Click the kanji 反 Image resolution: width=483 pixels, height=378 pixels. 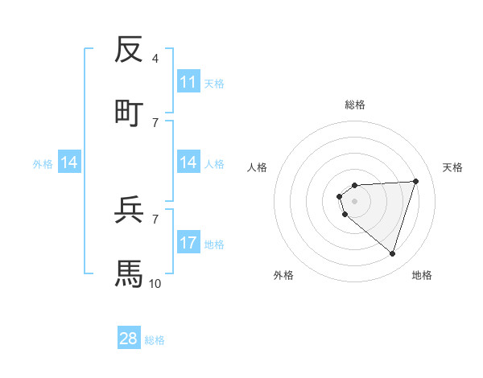coord(129,50)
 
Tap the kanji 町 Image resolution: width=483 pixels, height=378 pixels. coord(129,113)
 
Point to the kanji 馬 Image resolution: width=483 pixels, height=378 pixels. coord(129,273)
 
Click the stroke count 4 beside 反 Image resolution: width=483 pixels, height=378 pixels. coord(155,59)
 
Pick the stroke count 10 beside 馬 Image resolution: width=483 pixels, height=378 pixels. coord(155,283)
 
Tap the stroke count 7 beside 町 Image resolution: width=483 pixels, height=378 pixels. coord(155,122)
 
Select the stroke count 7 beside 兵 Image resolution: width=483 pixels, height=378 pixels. coord(155,219)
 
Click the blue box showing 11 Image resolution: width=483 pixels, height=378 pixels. coord(188,82)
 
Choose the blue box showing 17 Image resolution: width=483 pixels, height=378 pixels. coord(188,243)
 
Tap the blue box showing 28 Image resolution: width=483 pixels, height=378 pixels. coord(129,339)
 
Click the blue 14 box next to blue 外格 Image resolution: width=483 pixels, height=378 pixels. coord(69,162)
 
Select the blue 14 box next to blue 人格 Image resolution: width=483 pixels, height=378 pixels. coord(188,162)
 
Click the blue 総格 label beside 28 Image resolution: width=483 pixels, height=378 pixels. coord(155,340)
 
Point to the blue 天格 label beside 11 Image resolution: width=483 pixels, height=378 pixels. coord(213,83)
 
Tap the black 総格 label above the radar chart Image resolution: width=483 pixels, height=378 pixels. coord(355,105)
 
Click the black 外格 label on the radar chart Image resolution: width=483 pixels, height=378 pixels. coord(283,275)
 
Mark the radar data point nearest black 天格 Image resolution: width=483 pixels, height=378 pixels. coord(416,181)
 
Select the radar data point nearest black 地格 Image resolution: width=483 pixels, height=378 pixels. coord(392,253)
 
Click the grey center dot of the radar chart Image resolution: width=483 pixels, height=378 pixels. coord(355,200)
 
